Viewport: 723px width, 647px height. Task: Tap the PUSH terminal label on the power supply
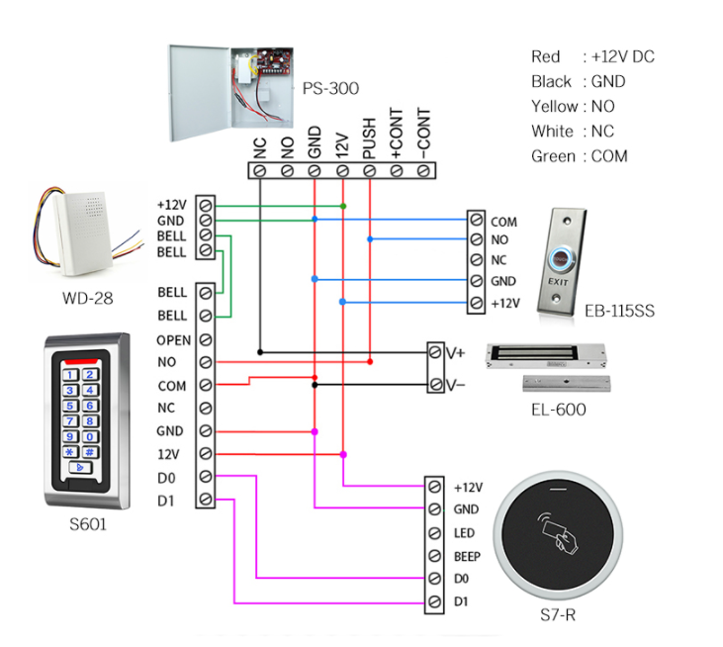368,139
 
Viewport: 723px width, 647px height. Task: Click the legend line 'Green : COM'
579,156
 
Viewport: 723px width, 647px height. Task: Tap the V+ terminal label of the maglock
455,352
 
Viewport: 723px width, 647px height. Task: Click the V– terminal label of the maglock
455,385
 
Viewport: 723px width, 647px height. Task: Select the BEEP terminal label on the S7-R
467,557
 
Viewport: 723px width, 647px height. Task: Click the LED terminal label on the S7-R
464,533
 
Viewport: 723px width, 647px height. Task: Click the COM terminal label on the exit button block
503,223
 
